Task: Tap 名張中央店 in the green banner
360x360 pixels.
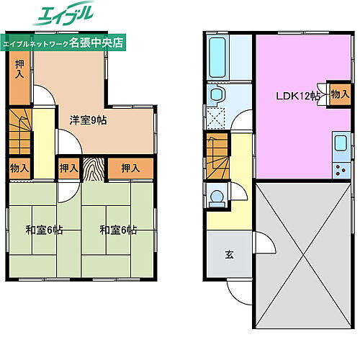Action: [99, 42]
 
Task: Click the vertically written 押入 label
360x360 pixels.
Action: [19, 70]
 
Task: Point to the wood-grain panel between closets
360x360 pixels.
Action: [94, 170]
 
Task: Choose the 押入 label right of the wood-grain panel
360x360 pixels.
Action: [130, 168]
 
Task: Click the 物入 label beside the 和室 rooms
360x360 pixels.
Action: [19, 168]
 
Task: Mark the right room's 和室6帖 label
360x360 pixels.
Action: [118, 230]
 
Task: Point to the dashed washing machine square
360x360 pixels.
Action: [216, 120]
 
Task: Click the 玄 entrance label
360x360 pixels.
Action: [228, 254]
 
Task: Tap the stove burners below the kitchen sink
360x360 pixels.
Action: [339, 171]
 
